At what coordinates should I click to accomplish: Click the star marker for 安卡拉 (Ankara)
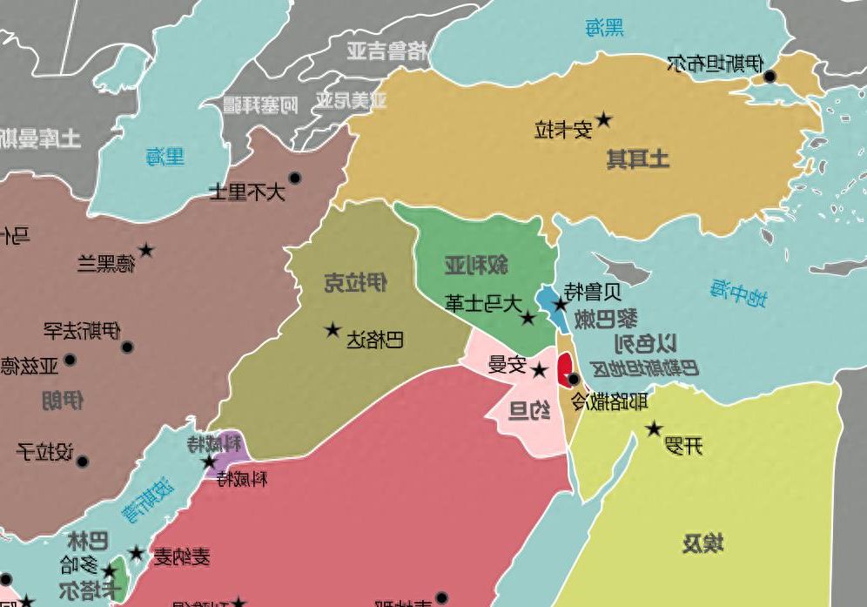click(603, 119)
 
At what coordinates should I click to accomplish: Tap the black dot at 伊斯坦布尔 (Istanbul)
click(770, 77)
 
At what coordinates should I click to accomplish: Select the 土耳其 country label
click(638, 158)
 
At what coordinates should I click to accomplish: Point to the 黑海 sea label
click(604, 29)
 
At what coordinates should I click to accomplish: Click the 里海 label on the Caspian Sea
click(165, 157)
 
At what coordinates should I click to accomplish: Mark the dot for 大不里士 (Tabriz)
click(295, 179)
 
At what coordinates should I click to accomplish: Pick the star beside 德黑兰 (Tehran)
click(146, 251)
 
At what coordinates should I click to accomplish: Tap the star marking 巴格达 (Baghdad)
click(333, 330)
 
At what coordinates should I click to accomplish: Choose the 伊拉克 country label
click(355, 282)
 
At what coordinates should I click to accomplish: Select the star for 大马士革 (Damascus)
click(528, 318)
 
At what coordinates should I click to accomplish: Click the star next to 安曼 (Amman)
click(540, 371)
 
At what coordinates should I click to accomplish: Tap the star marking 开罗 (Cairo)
click(654, 428)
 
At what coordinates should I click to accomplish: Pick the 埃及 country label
click(702, 545)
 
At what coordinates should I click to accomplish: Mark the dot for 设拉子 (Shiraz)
click(83, 462)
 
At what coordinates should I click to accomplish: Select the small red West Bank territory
click(565, 364)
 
